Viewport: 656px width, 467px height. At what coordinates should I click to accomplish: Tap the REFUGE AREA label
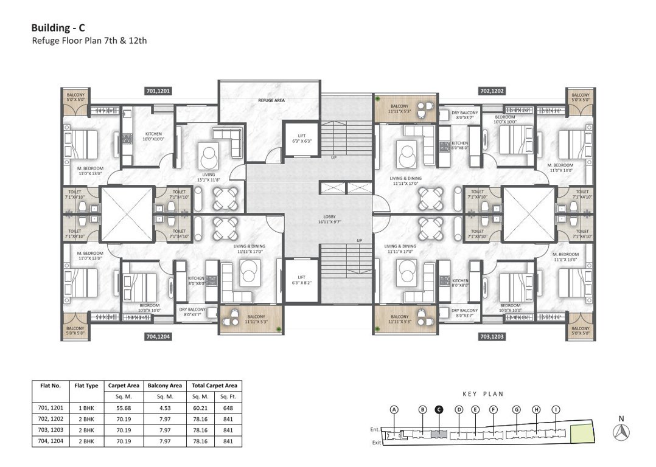point(271,100)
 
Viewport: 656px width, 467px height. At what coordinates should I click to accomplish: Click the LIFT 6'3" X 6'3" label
point(298,139)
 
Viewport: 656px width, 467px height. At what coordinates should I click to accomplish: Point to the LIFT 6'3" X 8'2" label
point(298,280)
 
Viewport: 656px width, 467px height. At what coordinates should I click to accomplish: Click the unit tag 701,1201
point(158,91)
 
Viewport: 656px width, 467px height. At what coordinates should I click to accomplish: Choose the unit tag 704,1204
point(158,336)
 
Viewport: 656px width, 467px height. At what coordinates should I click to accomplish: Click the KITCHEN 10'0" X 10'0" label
point(153,136)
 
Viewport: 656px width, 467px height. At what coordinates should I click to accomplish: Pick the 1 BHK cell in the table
point(86,407)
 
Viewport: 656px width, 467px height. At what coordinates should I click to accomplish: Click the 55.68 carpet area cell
point(124,407)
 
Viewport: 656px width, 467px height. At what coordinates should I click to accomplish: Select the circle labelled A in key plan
point(394,409)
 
